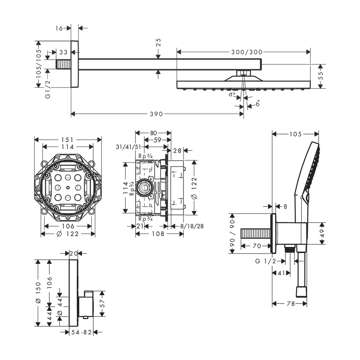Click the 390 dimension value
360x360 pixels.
click(x=156, y=114)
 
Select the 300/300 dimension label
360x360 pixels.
click(x=247, y=52)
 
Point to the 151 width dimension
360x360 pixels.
click(x=67, y=140)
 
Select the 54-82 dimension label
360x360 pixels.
click(x=81, y=332)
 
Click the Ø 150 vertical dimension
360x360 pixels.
click(x=38, y=293)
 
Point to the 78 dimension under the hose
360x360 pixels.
click(x=291, y=304)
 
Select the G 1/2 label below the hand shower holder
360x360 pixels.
click(x=266, y=261)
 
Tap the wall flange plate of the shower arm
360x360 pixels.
click(x=75, y=64)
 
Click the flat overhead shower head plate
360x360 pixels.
click(x=243, y=85)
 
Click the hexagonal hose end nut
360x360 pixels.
click(x=301, y=292)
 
